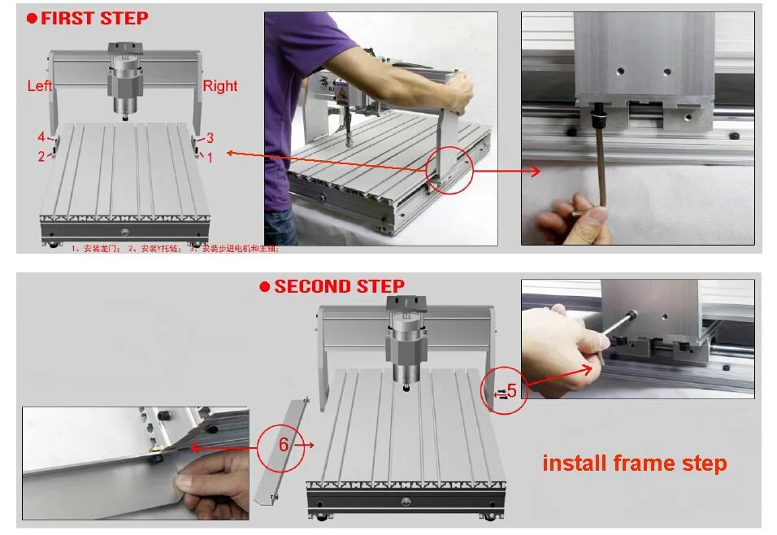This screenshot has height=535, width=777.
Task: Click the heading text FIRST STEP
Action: [x=94, y=18]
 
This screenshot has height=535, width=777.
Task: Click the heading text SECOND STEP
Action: [x=339, y=286]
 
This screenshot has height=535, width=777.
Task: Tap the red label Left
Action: [x=40, y=85]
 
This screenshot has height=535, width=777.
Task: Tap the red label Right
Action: [x=219, y=86]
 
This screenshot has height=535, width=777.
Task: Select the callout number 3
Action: [x=210, y=138]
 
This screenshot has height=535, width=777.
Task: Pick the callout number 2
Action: [x=41, y=157]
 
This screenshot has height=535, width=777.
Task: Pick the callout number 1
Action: [x=210, y=158]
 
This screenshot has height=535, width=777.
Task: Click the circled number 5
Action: [x=511, y=391]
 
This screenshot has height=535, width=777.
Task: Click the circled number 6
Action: [x=284, y=445]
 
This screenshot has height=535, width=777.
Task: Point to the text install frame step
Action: [x=634, y=463]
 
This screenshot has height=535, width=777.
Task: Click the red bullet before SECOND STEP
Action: [x=264, y=287]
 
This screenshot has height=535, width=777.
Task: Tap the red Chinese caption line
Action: [x=175, y=249]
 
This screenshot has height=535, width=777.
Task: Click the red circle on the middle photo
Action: [x=448, y=168]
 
